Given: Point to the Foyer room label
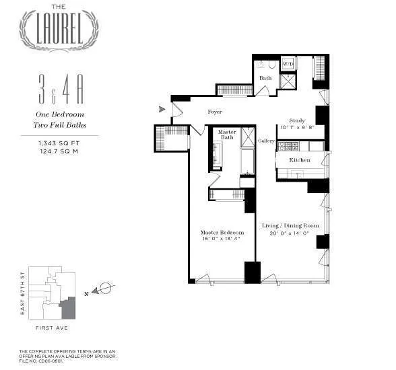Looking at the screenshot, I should (215, 112).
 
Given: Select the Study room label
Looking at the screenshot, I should (297, 120).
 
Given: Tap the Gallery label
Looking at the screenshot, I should (266, 141).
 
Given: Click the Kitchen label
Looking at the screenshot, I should (300, 160).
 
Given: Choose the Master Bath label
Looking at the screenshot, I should (227, 134).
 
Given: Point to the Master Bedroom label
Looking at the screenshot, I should (222, 233).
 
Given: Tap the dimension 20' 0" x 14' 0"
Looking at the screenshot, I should (288, 233).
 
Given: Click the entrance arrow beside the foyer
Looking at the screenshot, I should (161, 109).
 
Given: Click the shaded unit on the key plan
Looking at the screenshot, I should (68, 309).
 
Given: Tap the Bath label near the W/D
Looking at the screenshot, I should (265, 78).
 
